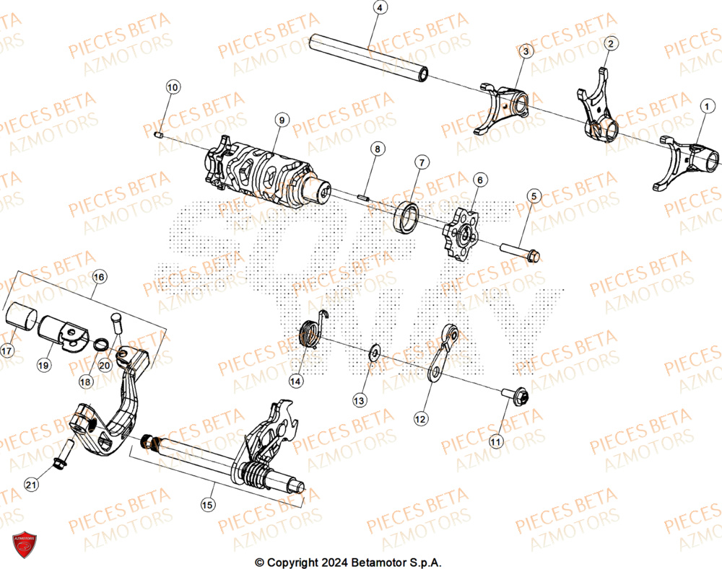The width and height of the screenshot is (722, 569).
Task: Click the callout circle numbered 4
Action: pos(380,9)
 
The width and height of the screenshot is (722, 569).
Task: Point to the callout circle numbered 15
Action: pos(207,505)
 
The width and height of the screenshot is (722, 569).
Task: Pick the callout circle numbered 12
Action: pos(420,417)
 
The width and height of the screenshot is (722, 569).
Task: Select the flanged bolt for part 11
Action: pos(516,396)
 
